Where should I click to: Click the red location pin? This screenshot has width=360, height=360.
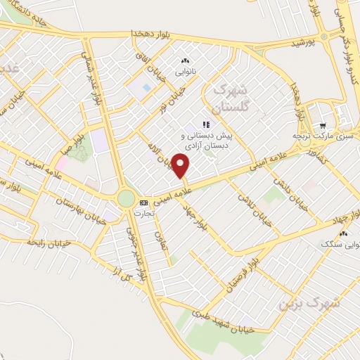pos(181,166)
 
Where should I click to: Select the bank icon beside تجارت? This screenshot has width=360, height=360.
pos(144,202)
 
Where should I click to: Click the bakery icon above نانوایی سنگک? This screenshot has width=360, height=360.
pos(344,233)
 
